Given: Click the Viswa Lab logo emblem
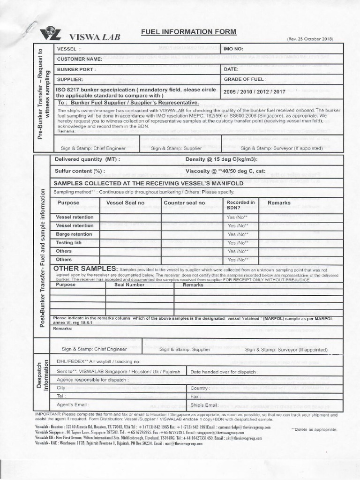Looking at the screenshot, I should click(x=50, y=35).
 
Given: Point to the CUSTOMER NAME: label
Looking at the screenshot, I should click(x=79, y=59).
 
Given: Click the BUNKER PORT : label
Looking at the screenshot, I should click(x=76, y=69).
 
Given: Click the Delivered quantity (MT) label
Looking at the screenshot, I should click(x=87, y=159).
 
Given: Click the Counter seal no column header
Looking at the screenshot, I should click(x=184, y=202).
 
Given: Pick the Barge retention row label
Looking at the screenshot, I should click(x=74, y=234).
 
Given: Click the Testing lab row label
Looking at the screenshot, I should click(x=72, y=242).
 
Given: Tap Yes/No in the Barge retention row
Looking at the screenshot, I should click(x=237, y=234).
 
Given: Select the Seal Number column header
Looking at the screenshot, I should click(x=129, y=285).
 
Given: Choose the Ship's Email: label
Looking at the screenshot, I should click(x=205, y=404).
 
